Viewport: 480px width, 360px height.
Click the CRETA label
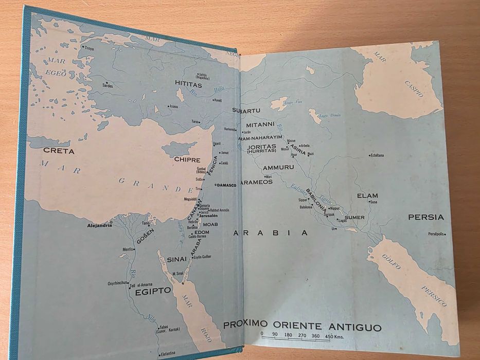pos(59,151)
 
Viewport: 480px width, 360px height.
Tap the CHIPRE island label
pos(187,159)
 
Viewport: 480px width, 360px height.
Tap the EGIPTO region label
pos(153,291)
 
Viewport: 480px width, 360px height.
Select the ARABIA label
pos(271,232)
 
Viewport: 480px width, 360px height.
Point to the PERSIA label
pos(425,217)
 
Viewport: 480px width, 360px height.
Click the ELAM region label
pos(368,195)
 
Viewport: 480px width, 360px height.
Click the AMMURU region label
pos(278,168)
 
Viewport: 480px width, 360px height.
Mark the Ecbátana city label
pos(379,155)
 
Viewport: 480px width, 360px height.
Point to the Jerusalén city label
pos(209,216)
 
